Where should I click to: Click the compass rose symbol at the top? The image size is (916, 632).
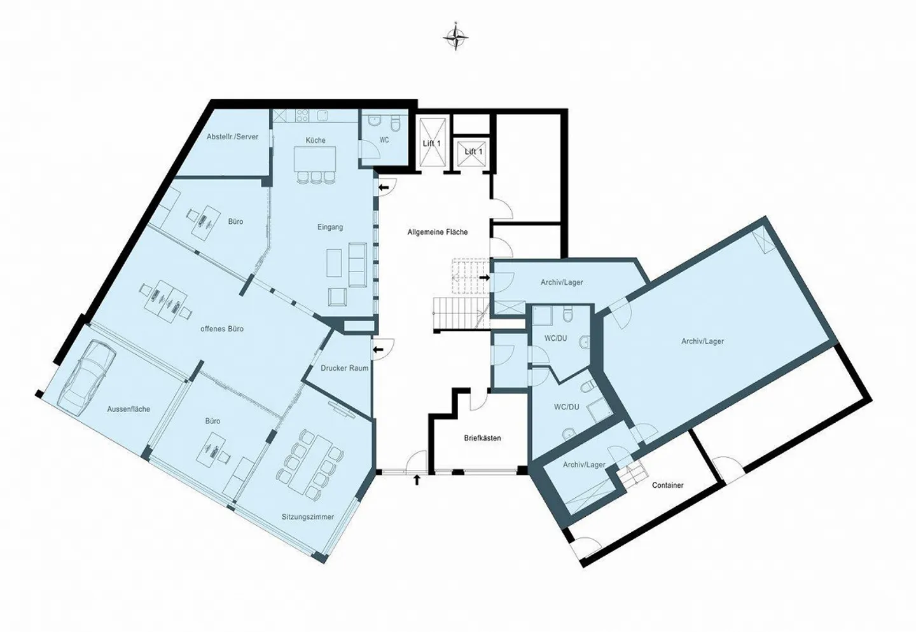(455, 38)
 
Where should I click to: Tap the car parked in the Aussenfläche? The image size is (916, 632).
(83, 374)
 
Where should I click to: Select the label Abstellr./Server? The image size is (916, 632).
(232, 137)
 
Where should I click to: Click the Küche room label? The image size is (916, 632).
(316, 141)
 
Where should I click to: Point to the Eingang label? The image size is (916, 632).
(330, 227)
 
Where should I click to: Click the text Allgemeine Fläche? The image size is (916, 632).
(438, 233)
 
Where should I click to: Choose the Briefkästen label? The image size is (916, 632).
(482, 438)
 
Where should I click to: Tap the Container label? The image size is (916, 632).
(668, 485)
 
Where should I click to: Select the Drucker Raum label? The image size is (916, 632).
(344, 368)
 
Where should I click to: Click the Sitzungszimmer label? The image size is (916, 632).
(308, 517)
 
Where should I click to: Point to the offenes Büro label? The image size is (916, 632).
(222, 329)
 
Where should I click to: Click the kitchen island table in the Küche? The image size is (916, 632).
(315, 159)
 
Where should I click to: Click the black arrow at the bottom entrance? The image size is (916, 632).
(417, 479)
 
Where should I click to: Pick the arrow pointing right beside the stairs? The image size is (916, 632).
(484, 277)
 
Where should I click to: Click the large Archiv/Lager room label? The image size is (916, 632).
(702, 341)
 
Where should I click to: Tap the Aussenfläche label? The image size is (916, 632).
(128, 409)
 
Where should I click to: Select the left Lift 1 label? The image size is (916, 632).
(431, 144)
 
